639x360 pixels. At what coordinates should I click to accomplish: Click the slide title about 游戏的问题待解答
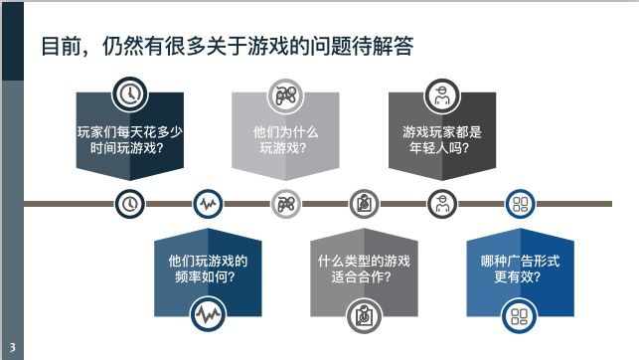pos(227,46)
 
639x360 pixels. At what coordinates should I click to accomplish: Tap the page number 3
pos(12,348)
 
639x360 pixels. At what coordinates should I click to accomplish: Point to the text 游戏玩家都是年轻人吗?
pos(441,139)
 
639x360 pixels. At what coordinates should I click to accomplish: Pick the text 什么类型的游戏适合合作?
pos(364,269)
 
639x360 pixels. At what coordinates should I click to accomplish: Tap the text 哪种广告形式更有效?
pos(519,269)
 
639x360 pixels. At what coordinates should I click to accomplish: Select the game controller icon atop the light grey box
pos(285,95)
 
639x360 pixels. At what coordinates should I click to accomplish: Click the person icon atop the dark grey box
pos(441,95)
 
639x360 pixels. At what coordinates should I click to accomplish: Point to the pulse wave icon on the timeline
pos(208,204)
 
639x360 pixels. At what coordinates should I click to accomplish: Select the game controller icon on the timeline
pos(285,204)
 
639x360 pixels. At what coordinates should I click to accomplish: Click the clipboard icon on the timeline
pos(364,204)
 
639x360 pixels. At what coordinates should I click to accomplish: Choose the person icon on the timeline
pos(441,204)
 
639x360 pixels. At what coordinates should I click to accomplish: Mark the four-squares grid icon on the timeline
pos(519,204)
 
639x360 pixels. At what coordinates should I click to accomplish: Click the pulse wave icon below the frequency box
pos(208,316)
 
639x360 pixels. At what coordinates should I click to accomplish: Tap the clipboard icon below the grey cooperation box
pos(364,316)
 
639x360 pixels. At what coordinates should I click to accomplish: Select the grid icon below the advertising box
pos(519,316)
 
